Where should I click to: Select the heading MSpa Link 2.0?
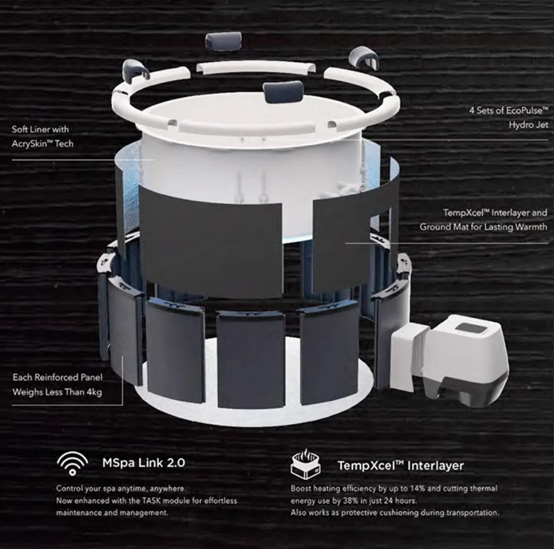[x=144, y=463]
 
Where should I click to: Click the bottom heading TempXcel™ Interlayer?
[x=400, y=465]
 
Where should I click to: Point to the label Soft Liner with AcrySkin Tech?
[x=43, y=136]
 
